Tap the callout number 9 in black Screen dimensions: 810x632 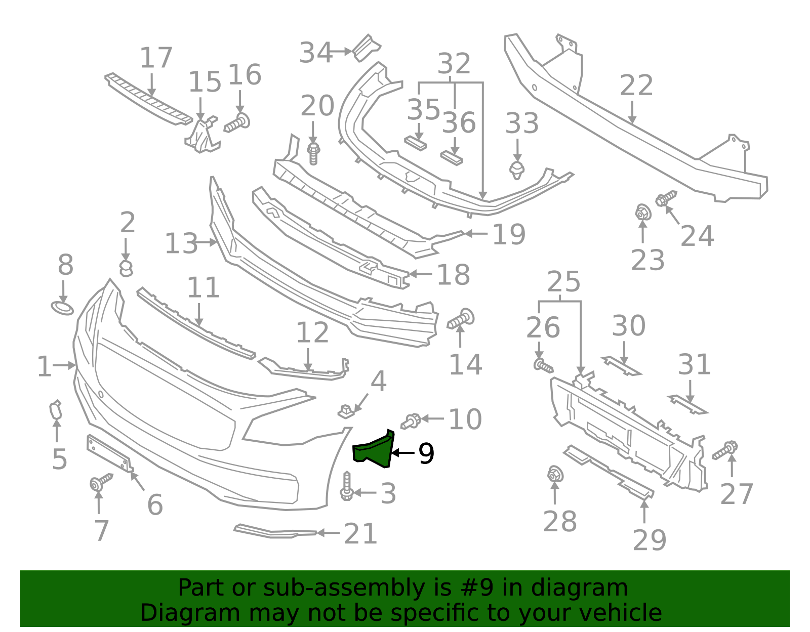click(426, 453)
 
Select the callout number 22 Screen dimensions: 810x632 click(636, 86)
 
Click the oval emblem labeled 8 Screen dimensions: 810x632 click(62, 308)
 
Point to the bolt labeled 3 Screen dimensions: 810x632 click(347, 486)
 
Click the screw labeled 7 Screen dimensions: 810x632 click(100, 482)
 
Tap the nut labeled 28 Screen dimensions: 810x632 click(555, 475)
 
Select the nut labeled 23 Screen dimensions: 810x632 click(642, 213)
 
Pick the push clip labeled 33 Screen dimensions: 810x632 click(517, 170)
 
